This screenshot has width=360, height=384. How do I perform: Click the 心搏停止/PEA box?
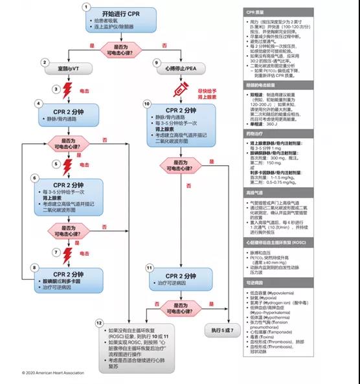coord(183,63)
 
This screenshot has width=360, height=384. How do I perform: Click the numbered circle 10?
coord(147,104)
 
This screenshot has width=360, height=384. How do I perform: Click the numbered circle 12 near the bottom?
coord(99,322)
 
